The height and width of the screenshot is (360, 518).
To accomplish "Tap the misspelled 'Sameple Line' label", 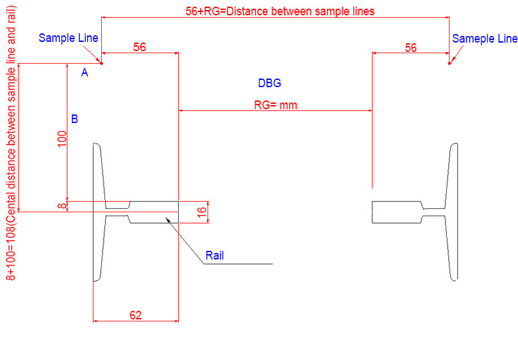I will [x=484, y=39].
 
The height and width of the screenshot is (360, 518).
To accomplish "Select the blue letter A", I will [x=84, y=73].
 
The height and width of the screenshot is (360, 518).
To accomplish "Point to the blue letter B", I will [x=74, y=119].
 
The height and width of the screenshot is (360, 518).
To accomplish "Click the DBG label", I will [x=269, y=83].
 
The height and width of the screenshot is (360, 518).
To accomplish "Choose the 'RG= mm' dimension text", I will [x=275, y=104].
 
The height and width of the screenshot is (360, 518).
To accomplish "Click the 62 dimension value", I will [x=135, y=315].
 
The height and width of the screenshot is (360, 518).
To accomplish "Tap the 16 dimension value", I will [x=203, y=212].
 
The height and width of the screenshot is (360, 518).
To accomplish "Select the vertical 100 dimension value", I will [x=62, y=138].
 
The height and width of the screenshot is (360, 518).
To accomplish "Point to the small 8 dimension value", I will [x=62, y=206].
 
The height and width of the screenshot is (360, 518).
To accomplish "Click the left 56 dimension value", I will [x=140, y=47].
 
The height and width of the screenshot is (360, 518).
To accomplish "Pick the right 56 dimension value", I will [x=411, y=47].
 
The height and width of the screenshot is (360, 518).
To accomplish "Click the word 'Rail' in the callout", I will [x=214, y=255].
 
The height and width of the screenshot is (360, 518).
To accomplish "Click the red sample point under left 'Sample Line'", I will [x=102, y=63].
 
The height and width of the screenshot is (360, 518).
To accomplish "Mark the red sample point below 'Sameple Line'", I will [x=450, y=64].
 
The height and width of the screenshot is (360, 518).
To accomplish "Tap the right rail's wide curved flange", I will [x=453, y=212].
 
